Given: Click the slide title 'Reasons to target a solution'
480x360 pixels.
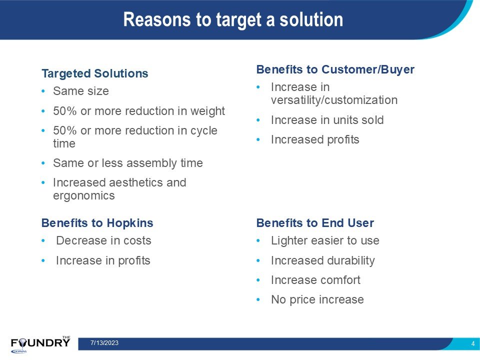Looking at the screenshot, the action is click(x=233, y=19).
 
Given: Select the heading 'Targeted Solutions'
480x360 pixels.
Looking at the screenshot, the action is click(x=95, y=74).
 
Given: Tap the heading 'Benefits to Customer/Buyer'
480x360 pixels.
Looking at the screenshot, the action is click(x=335, y=69).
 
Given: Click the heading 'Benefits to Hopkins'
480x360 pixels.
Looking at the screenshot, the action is click(x=97, y=223).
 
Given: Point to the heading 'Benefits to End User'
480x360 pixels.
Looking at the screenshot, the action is click(x=315, y=223).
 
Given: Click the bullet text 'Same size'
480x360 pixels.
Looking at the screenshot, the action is click(x=81, y=91).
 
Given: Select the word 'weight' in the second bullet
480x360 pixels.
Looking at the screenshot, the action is click(x=207, y=111).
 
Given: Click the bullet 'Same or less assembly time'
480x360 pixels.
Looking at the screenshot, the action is click(x=128, y=163).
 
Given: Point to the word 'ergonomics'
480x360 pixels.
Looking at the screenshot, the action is click(x=84, y=196).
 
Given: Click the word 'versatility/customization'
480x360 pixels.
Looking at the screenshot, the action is click(x=334, y=100).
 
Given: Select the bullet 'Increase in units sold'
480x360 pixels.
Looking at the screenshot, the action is click(x=327, y=120).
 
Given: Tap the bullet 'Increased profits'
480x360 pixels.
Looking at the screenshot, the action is click(x=315, y=140).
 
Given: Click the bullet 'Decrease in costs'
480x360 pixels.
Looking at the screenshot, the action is click(x=104, y=240).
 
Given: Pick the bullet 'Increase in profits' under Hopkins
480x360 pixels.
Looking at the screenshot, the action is click(x=103, y=261).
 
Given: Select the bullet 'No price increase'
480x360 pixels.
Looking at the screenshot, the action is click(x=317, y=299).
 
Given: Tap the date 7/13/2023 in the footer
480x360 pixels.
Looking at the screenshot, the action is click(x=104, y=343).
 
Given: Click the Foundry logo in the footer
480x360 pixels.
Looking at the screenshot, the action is click(x=40, y=344).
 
